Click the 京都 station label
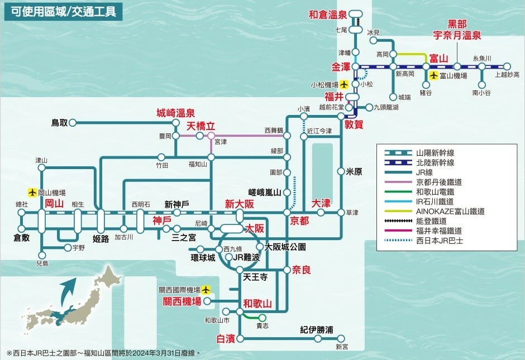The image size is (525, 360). click(299, 220)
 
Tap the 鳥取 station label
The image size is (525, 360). click(59, 122)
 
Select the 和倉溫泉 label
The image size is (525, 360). click(328, 15)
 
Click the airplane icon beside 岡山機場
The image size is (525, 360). click(32, 192)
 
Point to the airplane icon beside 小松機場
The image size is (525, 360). click(344, 84)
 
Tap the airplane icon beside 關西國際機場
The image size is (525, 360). click(207, 290)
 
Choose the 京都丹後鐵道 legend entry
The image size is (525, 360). click(438, 182)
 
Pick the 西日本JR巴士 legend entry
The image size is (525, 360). click(440, 241)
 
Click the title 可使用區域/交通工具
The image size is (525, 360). click(64, 12)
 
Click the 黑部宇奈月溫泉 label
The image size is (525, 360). click(457, 30)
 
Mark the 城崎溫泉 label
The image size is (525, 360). click(175, 113)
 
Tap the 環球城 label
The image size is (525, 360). click(203, 257)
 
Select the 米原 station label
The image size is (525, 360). click(354, 171)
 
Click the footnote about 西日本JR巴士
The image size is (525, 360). click(103, 353)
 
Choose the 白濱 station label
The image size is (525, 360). click(226, 338)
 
